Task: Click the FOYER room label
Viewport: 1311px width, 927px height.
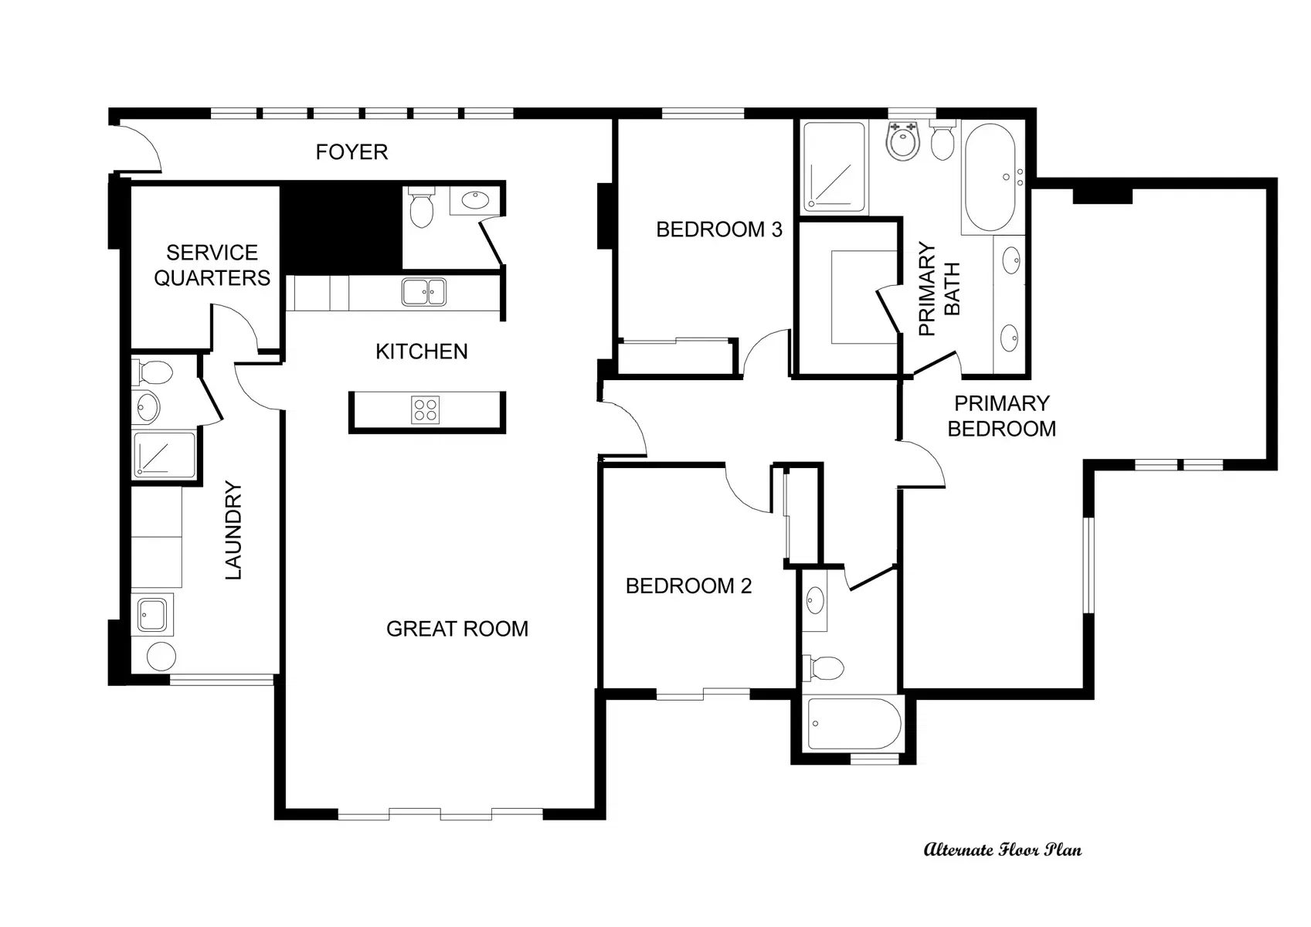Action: tap(352, 152)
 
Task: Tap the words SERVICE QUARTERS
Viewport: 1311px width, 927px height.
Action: tap(212, 265)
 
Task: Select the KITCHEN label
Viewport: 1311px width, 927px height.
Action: tap(421, 351)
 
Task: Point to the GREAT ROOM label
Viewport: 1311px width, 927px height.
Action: tap(457, 629)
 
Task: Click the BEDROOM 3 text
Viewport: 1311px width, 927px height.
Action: tap(718, 229)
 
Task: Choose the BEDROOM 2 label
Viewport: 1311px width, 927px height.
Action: tap(688, 586)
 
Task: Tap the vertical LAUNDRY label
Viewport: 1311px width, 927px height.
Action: tap(233, 530)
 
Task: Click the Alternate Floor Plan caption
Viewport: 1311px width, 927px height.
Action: tap(1003, 850)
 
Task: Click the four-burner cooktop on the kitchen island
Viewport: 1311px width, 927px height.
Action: tap(426, 409)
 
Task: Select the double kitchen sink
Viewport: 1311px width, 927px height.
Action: tap(423, 292)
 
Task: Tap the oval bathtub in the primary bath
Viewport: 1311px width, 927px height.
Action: tap(990, 177)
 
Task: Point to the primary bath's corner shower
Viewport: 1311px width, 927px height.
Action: tap(834, 167)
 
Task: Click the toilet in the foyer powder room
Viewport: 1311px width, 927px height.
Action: tap(421, 206)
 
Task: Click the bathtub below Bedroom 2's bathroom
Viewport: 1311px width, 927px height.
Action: tap(855, 723)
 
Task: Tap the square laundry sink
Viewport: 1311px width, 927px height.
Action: tap(152, 614)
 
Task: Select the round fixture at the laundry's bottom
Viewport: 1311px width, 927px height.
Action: tap(161, 657)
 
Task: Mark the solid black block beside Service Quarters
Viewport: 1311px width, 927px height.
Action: tap(341, 229)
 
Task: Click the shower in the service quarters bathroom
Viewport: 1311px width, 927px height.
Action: tap(165, 454)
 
